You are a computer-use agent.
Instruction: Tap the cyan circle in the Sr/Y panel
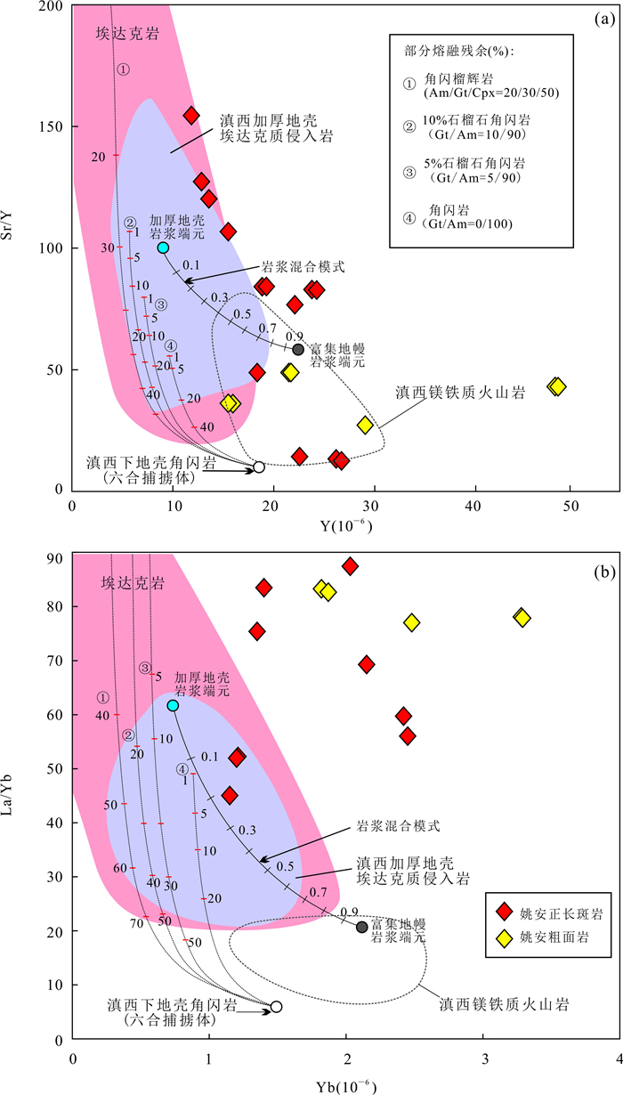click(x=163, y=247)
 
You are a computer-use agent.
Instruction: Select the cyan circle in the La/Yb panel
click(x=173, y=705)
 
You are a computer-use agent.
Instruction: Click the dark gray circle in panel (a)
click(x=298, y=349)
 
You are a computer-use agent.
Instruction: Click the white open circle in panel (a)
click(x=259, y=466)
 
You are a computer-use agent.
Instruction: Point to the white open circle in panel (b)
click(x=276, y=1007)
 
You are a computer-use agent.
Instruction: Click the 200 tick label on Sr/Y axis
click(x=53, y=7)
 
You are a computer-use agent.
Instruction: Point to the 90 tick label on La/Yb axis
click(x=57, y=559)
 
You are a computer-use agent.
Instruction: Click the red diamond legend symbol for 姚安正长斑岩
click(x=505, y=910)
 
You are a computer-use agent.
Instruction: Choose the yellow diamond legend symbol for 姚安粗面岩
click(x=505, y=937)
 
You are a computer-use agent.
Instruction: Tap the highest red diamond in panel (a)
click(x=190, y=116)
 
